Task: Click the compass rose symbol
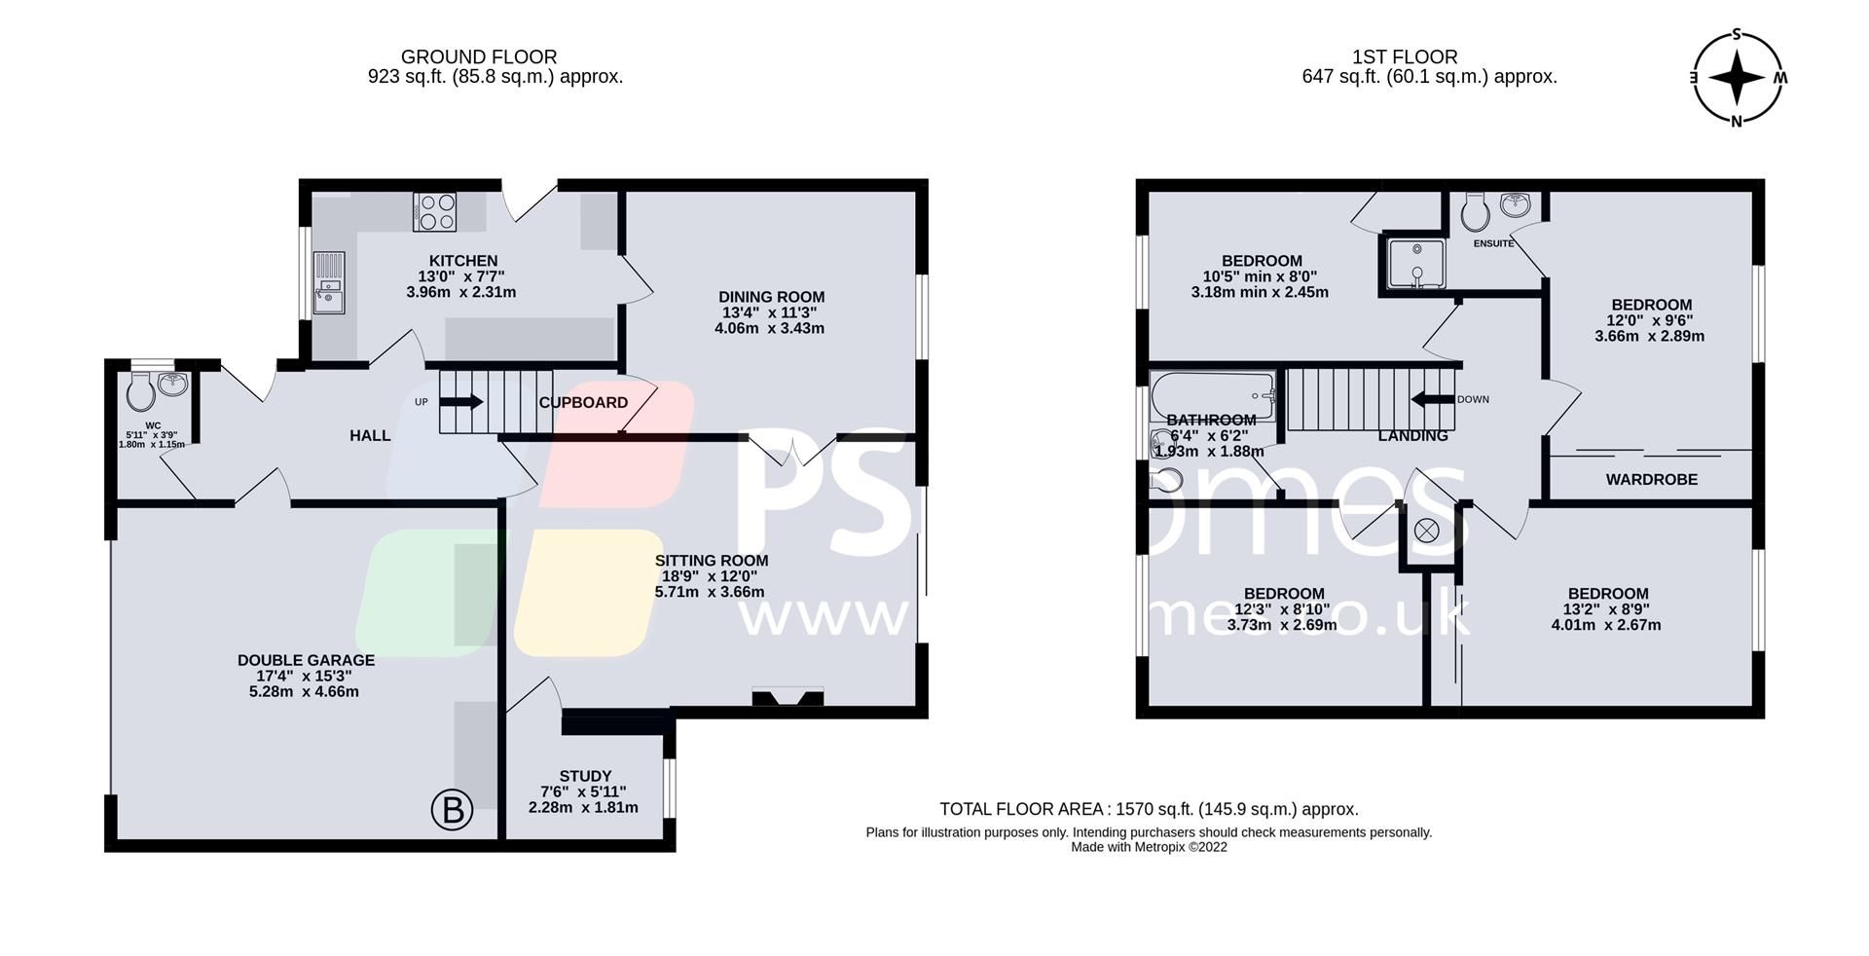[x=1738, y=78]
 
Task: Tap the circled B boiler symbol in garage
[x=452, y=810]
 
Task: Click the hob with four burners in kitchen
[x=436, y=212]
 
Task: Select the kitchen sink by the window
[x=329, y=282]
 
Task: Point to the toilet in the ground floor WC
[x=141, y=393]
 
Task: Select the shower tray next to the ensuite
[x=1411, y=264]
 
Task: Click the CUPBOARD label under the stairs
[x=583, y=402]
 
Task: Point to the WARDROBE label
[x=1651, y=479]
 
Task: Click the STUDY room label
[x=585, y=776]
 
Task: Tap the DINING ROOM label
[x=771, y=297]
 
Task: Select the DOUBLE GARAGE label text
[x=306, y=660]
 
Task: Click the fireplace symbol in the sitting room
[x=788, y=697]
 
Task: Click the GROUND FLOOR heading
[x=479, y=57]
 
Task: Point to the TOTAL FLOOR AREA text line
[x=1149, y=809]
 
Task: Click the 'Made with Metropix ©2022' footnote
[x=1149, y=847]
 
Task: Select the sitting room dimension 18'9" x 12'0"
[x=710, y=576]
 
